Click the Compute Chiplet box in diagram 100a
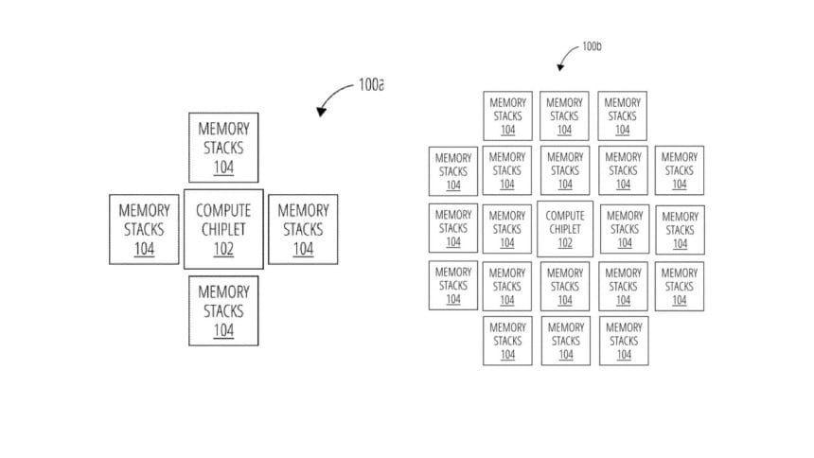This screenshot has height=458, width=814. tap(223, 229)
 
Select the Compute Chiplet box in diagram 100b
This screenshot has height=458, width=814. tap(565, 229)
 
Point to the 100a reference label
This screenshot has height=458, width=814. tap(371, 84)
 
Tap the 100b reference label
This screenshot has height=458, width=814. tap(592, 46)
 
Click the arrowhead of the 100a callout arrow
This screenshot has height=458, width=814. tap(322, 111)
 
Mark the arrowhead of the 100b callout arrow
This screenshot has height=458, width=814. tap(560, 67)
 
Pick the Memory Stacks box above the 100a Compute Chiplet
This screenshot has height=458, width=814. tap(223, 148)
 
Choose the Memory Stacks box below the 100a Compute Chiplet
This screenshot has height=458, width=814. tap(223, 310)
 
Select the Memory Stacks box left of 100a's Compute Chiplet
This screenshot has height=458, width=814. tap(144, 229)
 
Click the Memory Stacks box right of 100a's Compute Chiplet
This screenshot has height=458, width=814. tap(303, 229)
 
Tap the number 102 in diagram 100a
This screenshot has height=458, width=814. tap(223, 249)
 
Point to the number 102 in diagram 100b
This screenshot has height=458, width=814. tap(565, 242)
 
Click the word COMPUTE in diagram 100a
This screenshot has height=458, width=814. tap(223, 210)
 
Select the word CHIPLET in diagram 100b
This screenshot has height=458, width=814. tap(565, 229)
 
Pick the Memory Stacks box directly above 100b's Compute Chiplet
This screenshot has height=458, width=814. tap(565, 170)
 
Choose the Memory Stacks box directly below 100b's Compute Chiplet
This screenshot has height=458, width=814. tap(565, 286)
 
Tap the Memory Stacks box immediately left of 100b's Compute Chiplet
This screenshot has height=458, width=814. tap(507, 229)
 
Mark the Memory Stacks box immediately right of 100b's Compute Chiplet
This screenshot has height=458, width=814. tap(625, 229)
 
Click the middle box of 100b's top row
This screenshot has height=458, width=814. tap(564, 115)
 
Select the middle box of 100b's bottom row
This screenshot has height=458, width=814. tap(566, 341)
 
